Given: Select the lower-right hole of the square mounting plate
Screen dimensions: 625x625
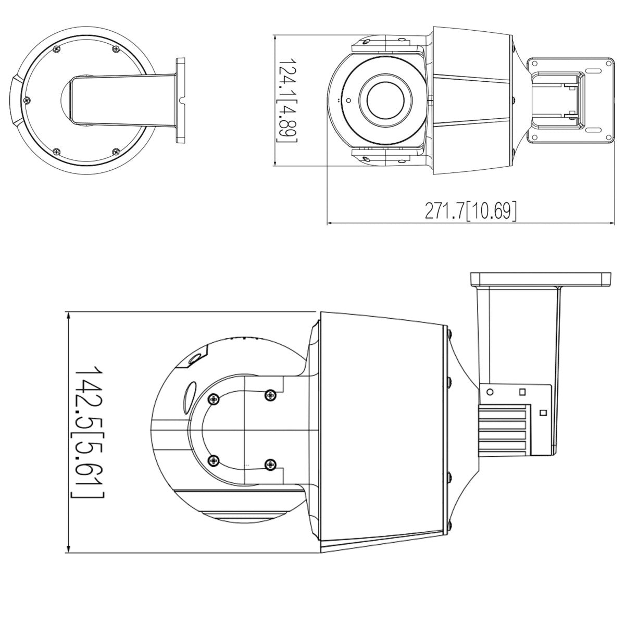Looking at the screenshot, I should tap(607, 138).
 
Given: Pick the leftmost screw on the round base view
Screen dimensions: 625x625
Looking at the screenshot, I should tap(28, 99).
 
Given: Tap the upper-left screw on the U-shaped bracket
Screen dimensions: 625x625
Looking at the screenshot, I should tap(213, 399).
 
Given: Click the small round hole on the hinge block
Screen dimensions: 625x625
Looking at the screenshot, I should tap(490, 391).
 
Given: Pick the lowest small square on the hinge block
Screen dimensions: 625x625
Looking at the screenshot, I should tap(543, 413).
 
